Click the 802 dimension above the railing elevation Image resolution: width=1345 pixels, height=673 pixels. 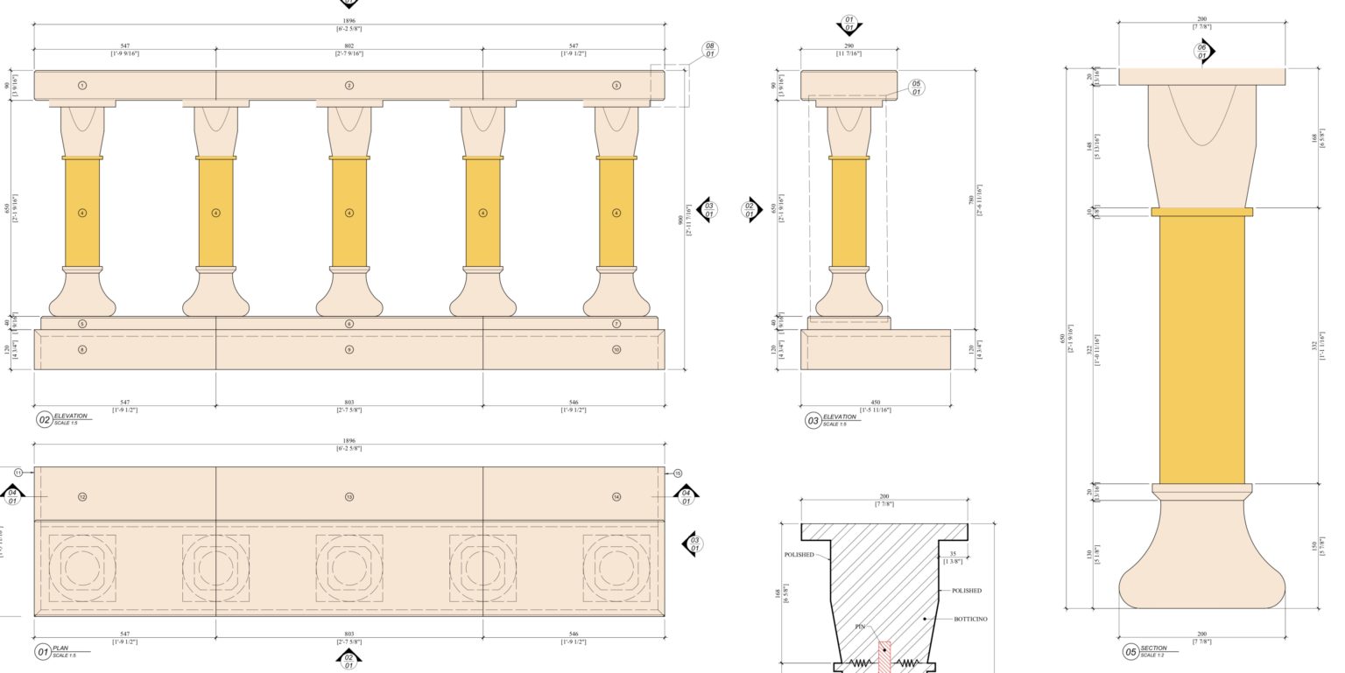[x=349, y=46]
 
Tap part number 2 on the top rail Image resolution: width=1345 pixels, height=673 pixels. [x=349, y=86]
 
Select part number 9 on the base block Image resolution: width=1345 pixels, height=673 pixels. [x=349, y=350]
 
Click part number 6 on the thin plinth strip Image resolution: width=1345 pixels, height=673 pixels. [x=349, y=324]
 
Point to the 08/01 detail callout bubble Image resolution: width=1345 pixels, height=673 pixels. [x=709, y=50]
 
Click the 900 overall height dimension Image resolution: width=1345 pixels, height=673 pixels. [x=681, y=221]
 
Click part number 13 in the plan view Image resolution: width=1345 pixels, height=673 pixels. [x=349, y=497]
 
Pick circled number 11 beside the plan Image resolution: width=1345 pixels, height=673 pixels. [x=18, y=473]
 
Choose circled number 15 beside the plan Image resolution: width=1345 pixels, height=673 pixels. [x=678, y=473]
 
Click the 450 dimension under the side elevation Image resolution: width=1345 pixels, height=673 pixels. [x=876, y=403]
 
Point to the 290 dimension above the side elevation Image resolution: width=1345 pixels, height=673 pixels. [x=849, y=46]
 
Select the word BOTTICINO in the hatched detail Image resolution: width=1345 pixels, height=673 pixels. [x=970, y=620]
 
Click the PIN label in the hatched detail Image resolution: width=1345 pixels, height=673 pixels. [x=860, y=627]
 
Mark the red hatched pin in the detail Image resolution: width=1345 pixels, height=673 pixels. [x=884, y=656]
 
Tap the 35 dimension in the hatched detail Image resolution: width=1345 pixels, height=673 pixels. [x=953, y=554]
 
